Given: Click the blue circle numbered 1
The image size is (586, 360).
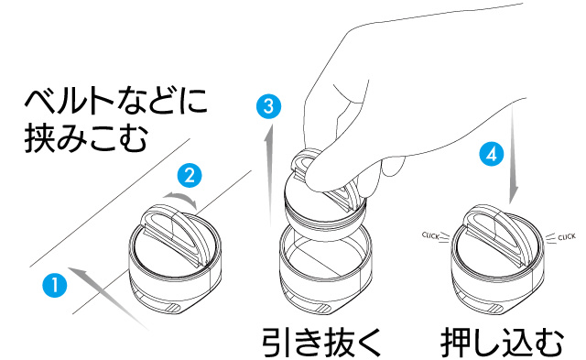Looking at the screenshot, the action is click(x=55, y=285).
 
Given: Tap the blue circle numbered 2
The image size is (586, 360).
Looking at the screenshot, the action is click(x=190, y=175).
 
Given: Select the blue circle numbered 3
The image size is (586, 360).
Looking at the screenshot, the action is click(x=268, y=106).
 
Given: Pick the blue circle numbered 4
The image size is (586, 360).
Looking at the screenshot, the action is click(x=492, y=154).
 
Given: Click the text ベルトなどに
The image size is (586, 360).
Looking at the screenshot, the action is click(x=116, y=101).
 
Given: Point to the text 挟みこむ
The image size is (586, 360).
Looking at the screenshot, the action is click(x=86, y=138).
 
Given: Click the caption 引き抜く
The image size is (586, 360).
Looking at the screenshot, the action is click(x=321, y=343).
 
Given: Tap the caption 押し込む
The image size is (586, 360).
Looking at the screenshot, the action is click(x=502, y=343).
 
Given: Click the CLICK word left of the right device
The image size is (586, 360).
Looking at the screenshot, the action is click(x=430, y=236).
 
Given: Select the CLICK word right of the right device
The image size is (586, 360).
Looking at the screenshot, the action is click(x=567, y=237).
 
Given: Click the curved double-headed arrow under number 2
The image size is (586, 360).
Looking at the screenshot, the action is click(x=181, y=197).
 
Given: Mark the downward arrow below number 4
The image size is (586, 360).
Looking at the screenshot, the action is click(x=513, y=154).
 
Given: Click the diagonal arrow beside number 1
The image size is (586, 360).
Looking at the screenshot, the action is click(x=108, y=299).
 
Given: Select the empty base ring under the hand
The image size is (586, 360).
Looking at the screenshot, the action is click(x=326, y=267).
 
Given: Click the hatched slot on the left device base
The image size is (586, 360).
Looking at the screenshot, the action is click(x=174, y=308).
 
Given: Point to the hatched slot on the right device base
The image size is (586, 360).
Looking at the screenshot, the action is click(x=496, y=309).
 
